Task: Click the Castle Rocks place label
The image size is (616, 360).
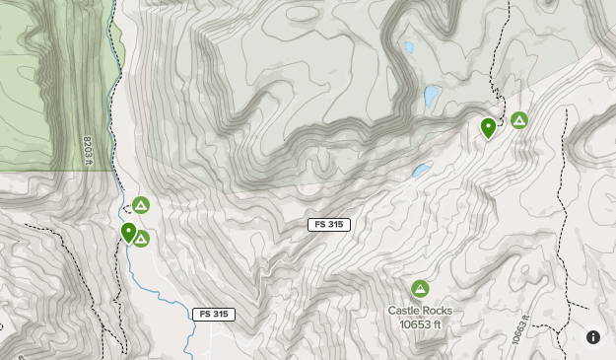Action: click(420, 311)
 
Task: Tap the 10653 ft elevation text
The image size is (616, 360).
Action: click(420, 324)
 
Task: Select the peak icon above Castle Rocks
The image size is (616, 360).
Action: click(420, 289)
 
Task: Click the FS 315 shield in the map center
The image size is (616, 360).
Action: click(328, 225)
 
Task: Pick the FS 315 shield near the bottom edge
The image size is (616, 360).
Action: click(214, 315)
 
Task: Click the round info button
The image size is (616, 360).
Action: click(593, 337)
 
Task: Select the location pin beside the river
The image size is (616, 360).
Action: click(128, 232)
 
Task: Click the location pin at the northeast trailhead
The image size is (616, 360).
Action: click(488, 126)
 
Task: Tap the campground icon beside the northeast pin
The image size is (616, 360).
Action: click(519, 120)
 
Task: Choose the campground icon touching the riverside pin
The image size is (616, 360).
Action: click(142, 238)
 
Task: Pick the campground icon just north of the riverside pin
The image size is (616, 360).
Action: click(141, 205)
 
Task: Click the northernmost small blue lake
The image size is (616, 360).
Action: click(409, 46)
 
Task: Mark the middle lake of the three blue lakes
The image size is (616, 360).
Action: click(431, 97)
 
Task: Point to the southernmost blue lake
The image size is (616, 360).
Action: click(421, 171)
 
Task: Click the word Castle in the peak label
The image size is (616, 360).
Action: click(404, 311)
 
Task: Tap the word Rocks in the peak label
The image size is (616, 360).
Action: click(438, 311)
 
